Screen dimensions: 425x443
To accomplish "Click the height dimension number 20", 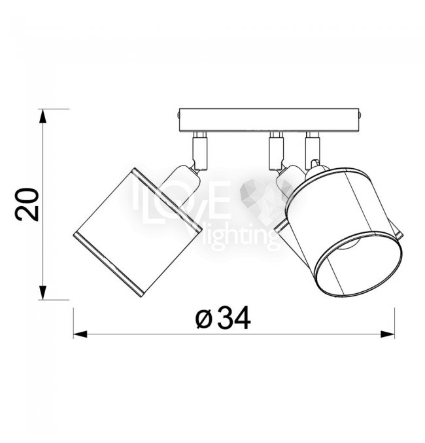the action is click(x=27, y=204).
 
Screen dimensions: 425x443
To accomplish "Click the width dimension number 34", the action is click(x=234, y=318).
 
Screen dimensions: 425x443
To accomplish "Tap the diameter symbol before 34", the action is click(x=203, y=319).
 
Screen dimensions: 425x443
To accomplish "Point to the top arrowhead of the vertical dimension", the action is click(x=42, y=116).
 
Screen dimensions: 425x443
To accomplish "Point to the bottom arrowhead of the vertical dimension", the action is click(x=42, y=292).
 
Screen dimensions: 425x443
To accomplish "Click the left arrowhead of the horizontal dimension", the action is click(x=80, y=334).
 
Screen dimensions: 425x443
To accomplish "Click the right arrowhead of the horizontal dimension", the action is click(x=388, y=334).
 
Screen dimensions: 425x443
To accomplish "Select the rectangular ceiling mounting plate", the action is click(x=269, y=120).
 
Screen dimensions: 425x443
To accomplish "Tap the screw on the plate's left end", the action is click(x=178, y=115).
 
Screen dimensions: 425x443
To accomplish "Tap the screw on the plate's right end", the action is click(x=360, y=115).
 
